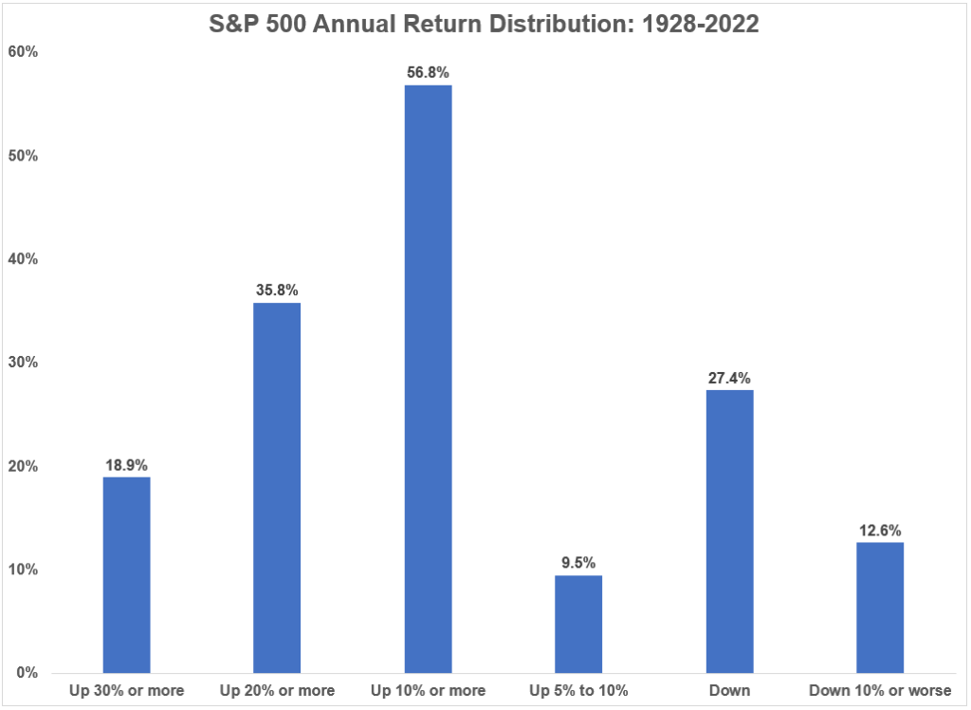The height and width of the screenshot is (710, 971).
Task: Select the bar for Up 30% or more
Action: click(126, 574)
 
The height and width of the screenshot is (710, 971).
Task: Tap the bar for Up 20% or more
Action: click(277, 488)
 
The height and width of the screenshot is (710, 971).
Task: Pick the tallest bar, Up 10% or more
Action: click(428, 379)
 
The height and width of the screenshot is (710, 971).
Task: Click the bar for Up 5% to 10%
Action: click(578, 624)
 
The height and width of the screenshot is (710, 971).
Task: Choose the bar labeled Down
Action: click(729, 531)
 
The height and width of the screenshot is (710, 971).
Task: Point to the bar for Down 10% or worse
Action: click(880, 607)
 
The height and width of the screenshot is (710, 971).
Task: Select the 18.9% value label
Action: click(126, 465)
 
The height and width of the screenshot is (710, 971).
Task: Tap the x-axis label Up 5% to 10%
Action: click(578, 690)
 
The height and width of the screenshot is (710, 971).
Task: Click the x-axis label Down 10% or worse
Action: click(880, 690)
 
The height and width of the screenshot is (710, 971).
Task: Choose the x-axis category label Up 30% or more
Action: click(126, 690)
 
